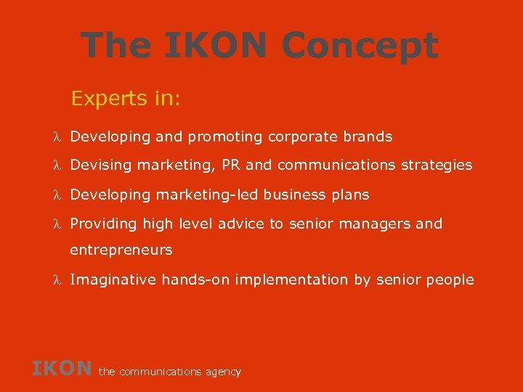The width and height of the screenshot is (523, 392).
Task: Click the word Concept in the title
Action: [359, 46]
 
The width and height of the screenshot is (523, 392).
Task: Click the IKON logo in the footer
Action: [62, 369]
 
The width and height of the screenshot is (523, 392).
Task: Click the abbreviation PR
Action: [231, 166]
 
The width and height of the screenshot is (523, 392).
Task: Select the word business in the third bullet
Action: [294, 195]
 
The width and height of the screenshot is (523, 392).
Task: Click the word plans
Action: [350, 195]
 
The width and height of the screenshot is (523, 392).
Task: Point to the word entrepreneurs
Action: [121, 250]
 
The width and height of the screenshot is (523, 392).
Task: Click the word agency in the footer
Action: [223, 372]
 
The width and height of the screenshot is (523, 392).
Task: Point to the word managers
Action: [373, 224]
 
